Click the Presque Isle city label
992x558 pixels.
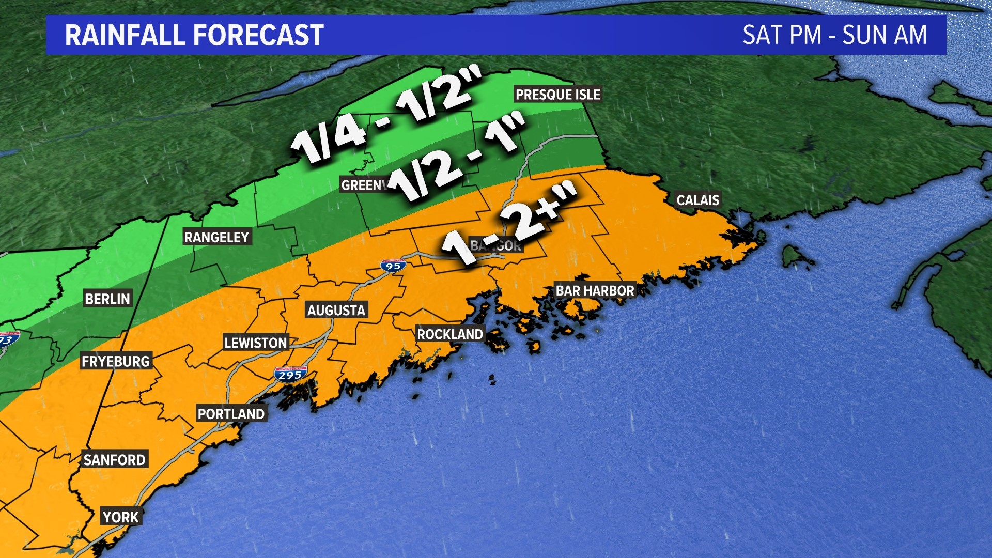tap(558, 95)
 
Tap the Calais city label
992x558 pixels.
tap(698, 200)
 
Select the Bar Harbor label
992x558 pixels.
tap(595, 291)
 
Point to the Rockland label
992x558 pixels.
tap(450, 334)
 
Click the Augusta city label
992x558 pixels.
tap(336, 311)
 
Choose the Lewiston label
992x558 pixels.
tap(255, 343)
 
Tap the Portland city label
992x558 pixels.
tap(231, 414)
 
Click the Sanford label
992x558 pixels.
tap(115, 460)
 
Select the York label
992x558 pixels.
tap(121, 517)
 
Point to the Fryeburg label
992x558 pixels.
tap(116, 362)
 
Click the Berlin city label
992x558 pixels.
tap(107, 299)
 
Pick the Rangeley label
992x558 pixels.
tap(217, 238)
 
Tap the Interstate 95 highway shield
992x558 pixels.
tap(393, 266)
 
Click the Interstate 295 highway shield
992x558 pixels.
tap(290, 375)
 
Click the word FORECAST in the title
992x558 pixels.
tap(258, 35)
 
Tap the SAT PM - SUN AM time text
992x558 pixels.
tap(834, 35)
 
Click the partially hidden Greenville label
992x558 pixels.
tap(363, 185)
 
